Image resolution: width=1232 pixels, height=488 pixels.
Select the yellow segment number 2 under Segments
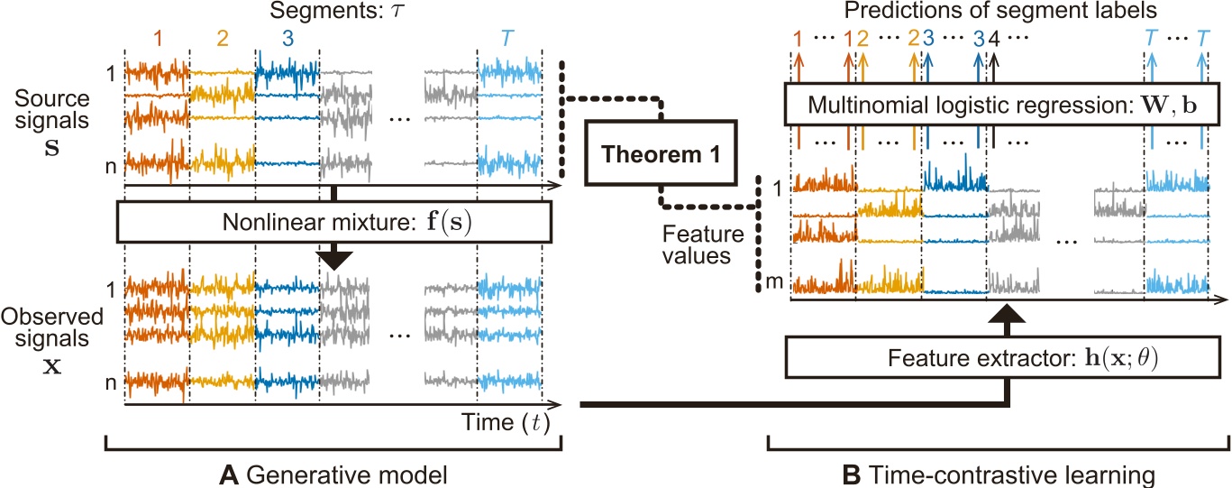(x=222, y=40)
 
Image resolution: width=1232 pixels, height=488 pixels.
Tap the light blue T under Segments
(x=509, y=40)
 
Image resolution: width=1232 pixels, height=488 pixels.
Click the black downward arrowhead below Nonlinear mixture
(x=335, y=258)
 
